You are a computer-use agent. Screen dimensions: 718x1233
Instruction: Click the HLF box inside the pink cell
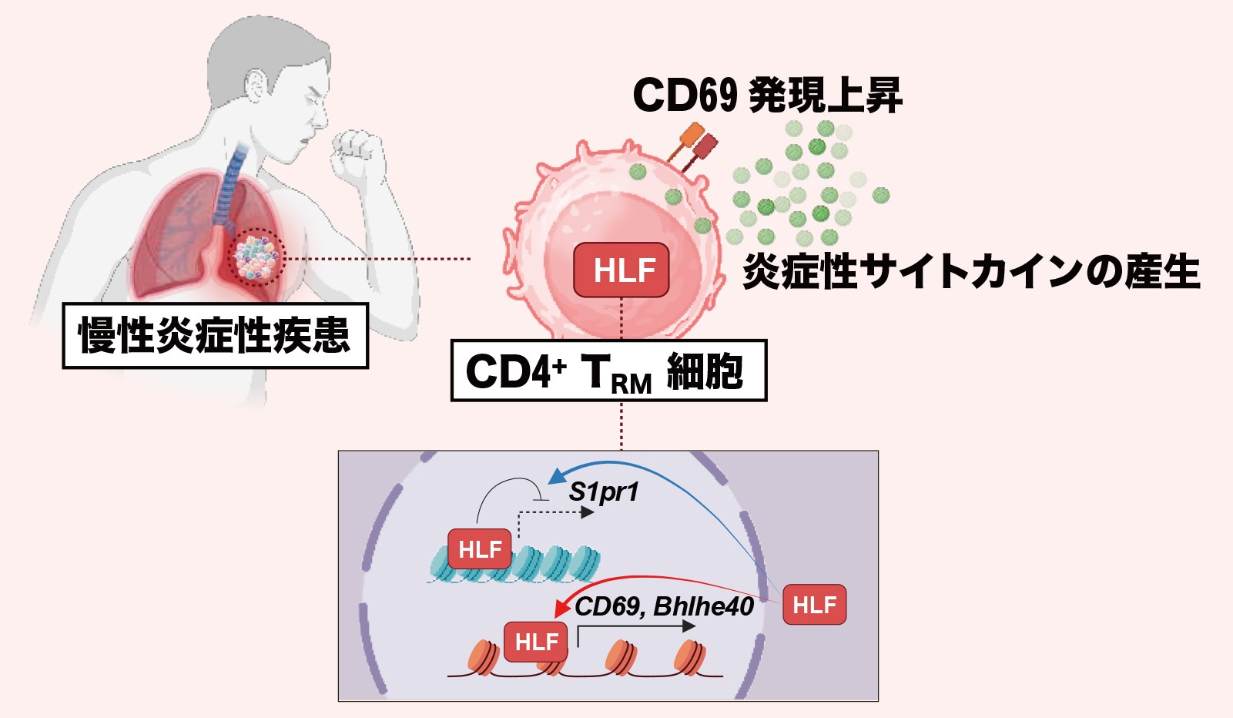(622, 270)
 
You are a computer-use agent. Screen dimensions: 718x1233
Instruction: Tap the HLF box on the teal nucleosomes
(480, 549)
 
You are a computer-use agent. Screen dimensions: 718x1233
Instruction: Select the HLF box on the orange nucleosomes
(536, 642)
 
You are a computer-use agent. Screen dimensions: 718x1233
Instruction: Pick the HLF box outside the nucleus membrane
(814, 605)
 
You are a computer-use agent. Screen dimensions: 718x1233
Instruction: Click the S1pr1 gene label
(604, 492)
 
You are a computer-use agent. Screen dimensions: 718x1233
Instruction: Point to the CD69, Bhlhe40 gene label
(664, 606)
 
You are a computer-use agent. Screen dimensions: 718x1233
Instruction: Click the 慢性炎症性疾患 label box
(215, 335)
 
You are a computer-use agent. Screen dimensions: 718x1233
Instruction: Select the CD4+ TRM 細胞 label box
(608, 371)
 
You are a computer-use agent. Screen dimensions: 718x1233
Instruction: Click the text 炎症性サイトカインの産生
(970, 271)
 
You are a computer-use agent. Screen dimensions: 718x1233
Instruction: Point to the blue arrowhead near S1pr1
(555, 475)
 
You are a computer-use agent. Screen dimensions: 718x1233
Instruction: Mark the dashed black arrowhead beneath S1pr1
(588, 512)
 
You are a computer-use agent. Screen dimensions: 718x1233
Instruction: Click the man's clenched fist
(356, 150)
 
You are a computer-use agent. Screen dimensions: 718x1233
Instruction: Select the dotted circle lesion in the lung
(256, 258)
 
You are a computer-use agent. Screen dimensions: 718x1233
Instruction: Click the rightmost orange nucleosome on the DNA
(689, 657)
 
